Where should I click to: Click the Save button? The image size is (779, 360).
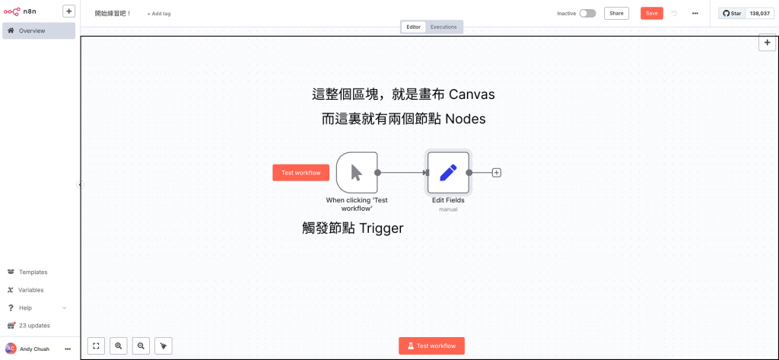[x=652, y=13]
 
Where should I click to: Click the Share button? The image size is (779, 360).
[x=616, y=13]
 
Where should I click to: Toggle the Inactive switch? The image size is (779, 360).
[x=587, y=13]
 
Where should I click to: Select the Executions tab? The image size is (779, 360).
[x=444, y=27]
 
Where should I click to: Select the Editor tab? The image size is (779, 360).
[x=413, y=27]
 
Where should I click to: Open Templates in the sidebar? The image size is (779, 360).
[x=33, y=272]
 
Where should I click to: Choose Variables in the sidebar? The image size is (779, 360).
[x=31, y=290]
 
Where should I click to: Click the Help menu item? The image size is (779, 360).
[x=26, y=307]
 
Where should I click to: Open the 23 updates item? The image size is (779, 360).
[x=34, y=326]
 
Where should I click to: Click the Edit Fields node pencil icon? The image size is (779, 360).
[x=448, y=172]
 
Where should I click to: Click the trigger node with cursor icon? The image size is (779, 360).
[x=356, y=172]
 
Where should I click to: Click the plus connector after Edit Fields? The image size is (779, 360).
[x=497, y=173]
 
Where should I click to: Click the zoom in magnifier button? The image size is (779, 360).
[x=119, y=346]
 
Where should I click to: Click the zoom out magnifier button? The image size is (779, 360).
[x=141, y=346]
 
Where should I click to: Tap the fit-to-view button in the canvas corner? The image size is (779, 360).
[x=97, y=346]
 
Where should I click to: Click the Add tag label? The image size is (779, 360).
[x=159, y=14]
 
